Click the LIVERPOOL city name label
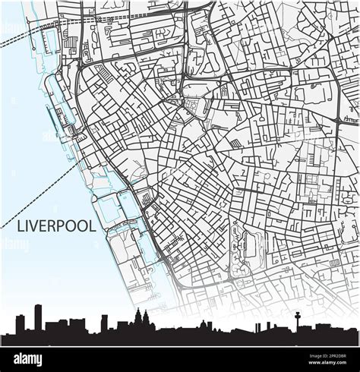pos(56,226)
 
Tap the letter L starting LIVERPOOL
pos(21,226)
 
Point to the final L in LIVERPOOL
pos(93,226)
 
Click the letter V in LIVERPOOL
pos(35,226)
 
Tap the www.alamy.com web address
pos(319,364)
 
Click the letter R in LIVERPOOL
pos(52,226)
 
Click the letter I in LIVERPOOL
pos(27,226)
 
